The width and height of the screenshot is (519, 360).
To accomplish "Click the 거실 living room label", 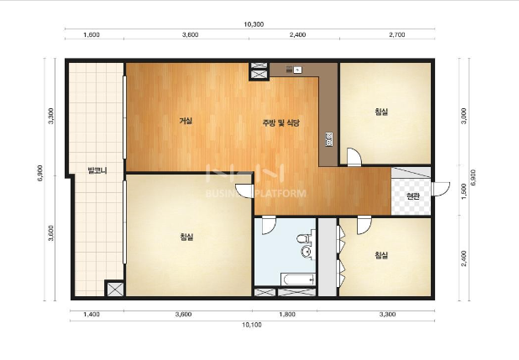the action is click(186, 121).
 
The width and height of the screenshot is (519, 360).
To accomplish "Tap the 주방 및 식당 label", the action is click(281, 123).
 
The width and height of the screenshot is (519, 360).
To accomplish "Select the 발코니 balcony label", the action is click(97, 170).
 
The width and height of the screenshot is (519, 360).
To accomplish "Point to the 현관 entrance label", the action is click(412, 196).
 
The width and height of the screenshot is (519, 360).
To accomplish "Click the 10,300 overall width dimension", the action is click(254, 24).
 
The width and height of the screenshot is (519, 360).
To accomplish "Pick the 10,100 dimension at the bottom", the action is click(252, 325).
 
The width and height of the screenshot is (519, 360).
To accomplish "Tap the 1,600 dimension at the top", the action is click(92, 34).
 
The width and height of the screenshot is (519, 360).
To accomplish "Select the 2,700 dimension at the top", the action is click(397, 34).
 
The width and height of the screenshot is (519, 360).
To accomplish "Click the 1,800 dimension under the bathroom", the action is click(287, 315).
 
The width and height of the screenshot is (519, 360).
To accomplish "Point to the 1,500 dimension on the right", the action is click(464, 191).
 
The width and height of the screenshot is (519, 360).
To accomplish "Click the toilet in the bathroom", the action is click(305, 239).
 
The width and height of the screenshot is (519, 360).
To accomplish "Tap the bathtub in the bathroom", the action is click(297, 279).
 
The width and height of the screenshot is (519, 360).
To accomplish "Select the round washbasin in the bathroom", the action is click(307, 251).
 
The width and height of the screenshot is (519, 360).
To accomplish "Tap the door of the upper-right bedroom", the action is click(354, 157).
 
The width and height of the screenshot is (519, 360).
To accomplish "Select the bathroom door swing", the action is click(269, 225).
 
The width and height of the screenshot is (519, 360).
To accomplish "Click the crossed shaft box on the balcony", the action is click(115, 289).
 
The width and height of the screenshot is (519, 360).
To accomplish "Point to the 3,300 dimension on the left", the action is click(51, 116).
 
